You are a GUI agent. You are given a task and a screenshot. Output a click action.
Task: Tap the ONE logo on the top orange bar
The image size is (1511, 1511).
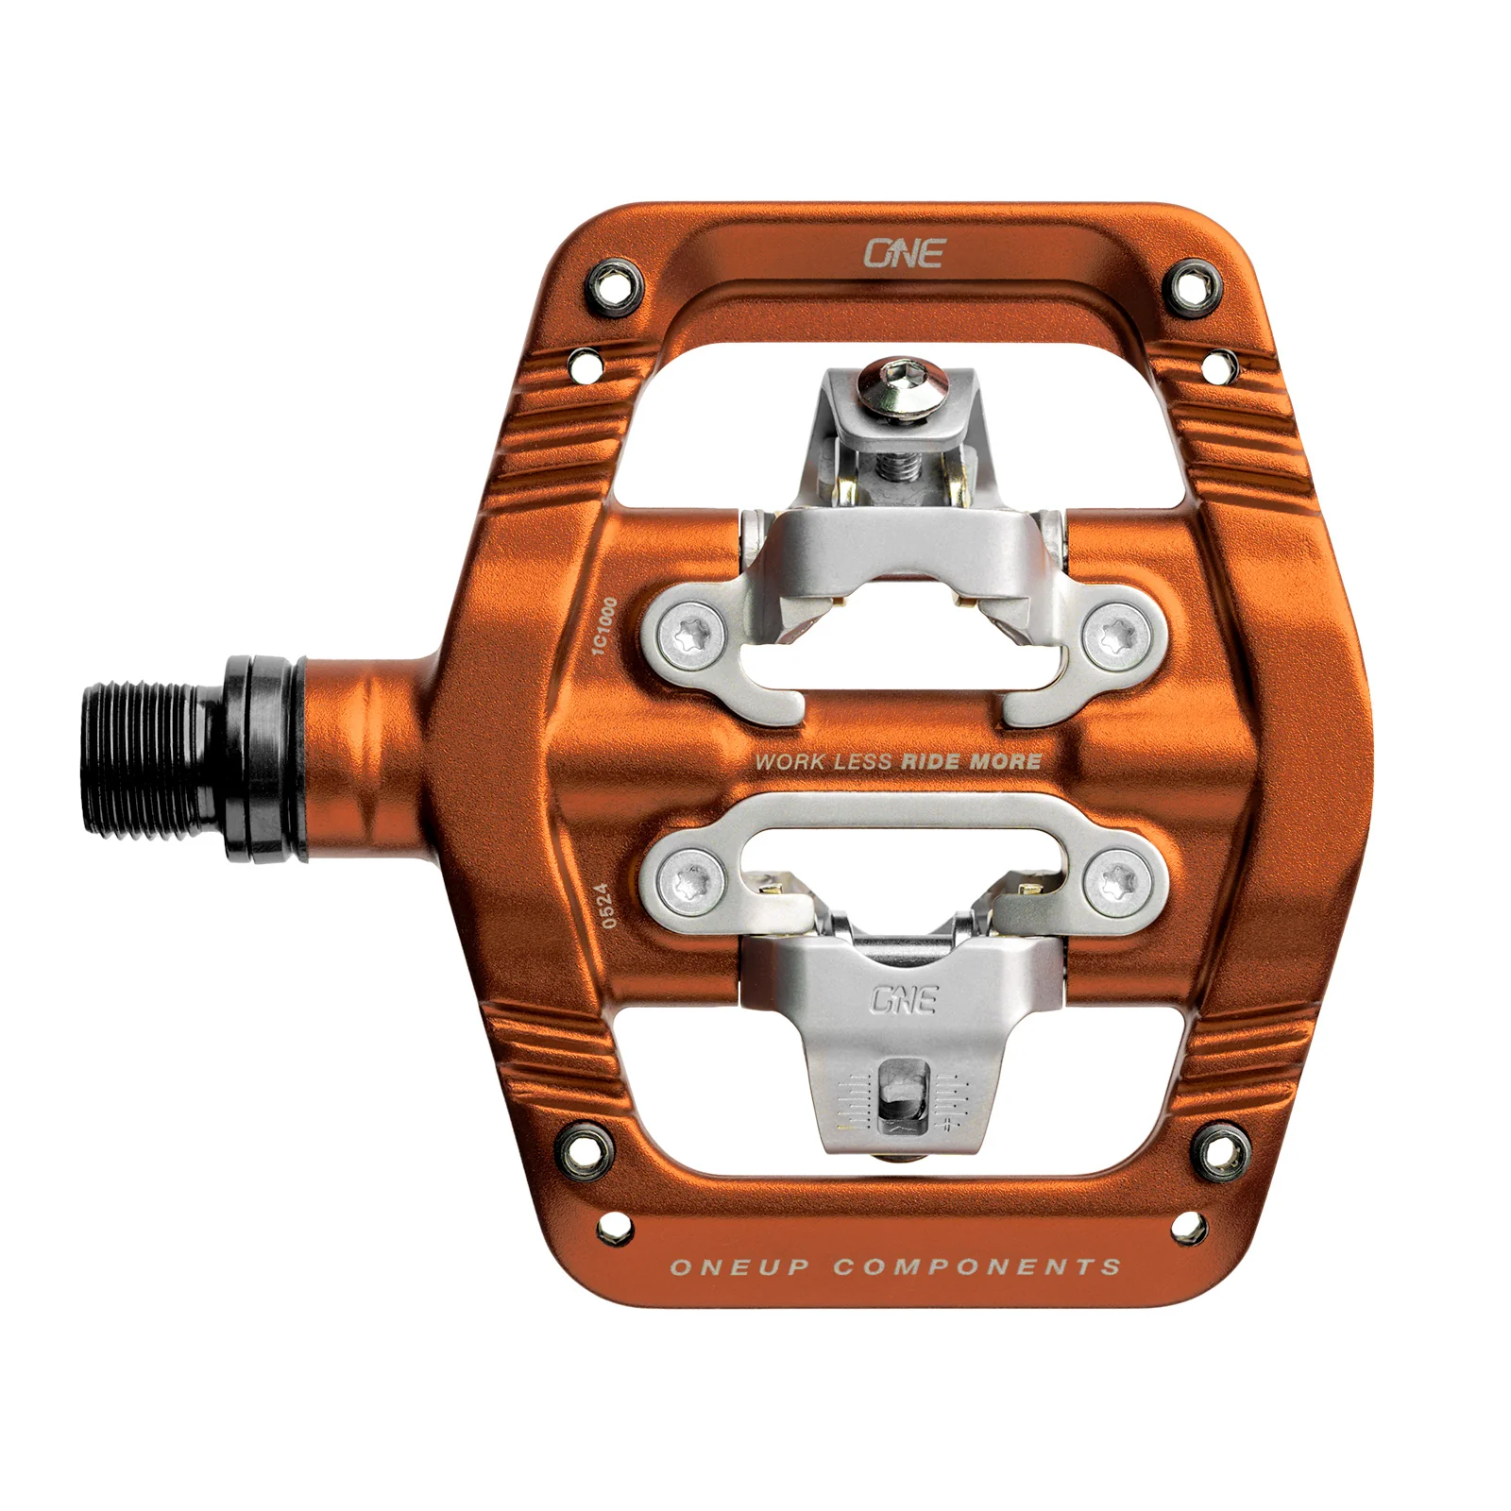point(904,253)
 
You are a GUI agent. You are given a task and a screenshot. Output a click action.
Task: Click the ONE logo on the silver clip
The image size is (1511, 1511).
point(903,999)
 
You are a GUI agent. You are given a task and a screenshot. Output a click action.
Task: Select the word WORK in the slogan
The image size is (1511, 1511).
point(789,762)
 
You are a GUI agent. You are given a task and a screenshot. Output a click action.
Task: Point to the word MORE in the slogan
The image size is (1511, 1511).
point(1005,761)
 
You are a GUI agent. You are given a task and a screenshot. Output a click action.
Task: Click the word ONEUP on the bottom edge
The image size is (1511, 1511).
point(739,1267)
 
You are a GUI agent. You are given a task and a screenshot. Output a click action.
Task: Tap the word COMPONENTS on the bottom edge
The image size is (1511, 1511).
point(976,1266)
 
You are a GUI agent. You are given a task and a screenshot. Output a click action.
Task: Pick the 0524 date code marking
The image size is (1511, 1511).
point(608,905)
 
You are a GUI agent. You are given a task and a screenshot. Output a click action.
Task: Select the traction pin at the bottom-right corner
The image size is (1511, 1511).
point(1219,1148)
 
